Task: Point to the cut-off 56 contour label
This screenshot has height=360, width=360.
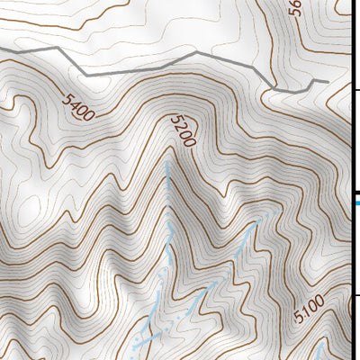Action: pos(295,9)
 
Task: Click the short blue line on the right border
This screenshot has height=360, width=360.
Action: pos(355,202)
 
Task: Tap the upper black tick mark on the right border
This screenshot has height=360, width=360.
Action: pos(355,90)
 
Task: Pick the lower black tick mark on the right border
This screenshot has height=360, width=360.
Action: pos(355,294)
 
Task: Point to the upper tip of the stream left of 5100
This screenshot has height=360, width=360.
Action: pos(262,216)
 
